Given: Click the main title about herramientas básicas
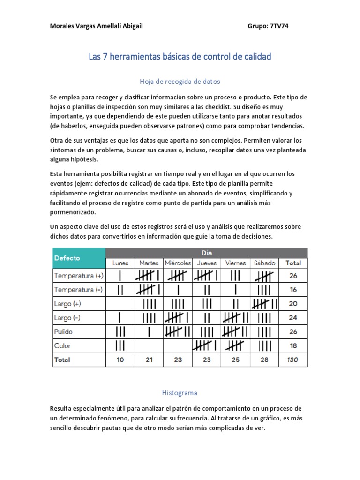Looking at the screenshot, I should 180,57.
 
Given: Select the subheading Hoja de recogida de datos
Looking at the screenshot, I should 180,82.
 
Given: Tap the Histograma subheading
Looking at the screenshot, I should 180,393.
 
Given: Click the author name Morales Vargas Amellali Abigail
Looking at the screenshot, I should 96,26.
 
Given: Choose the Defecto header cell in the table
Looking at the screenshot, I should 67,258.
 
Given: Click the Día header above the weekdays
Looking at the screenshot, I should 207,253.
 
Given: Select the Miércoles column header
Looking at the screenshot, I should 178,263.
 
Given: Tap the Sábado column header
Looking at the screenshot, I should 264,263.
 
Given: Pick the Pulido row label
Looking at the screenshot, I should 64,332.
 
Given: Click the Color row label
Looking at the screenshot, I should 63,346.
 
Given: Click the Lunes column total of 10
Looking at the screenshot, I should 120,360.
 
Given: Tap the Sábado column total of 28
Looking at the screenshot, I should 264,360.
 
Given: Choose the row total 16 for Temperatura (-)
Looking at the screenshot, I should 293,290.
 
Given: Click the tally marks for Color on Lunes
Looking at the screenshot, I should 120,346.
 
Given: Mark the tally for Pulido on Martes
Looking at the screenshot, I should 149,332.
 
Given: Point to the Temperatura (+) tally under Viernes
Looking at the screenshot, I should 236,276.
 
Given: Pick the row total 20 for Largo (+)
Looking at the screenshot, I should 293,304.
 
